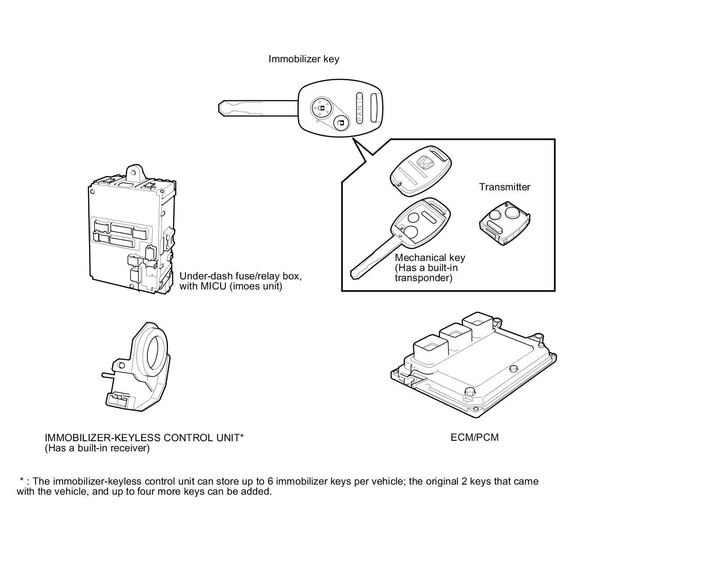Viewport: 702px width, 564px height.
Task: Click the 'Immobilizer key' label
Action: (x=304, y=59)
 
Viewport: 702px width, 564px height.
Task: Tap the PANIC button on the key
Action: (x=359, y=107)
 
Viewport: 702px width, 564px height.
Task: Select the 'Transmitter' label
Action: (x=505, y=187)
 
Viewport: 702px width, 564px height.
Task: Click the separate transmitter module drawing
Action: (x=504, y=224)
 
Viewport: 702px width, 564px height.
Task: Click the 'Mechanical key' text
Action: (x=430, y=258)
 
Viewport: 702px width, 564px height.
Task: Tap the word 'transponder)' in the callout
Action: (x=423, y=278)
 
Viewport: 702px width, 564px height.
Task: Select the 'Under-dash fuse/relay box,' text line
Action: (x=240, y=276)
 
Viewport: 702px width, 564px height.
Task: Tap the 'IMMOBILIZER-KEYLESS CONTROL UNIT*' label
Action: (x=144, y=438)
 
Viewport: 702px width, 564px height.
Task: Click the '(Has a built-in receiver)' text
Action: (x=97, y=448)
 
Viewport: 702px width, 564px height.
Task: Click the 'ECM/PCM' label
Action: (x=474, y=437)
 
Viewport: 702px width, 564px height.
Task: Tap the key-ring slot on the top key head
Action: (x=374, y=107)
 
